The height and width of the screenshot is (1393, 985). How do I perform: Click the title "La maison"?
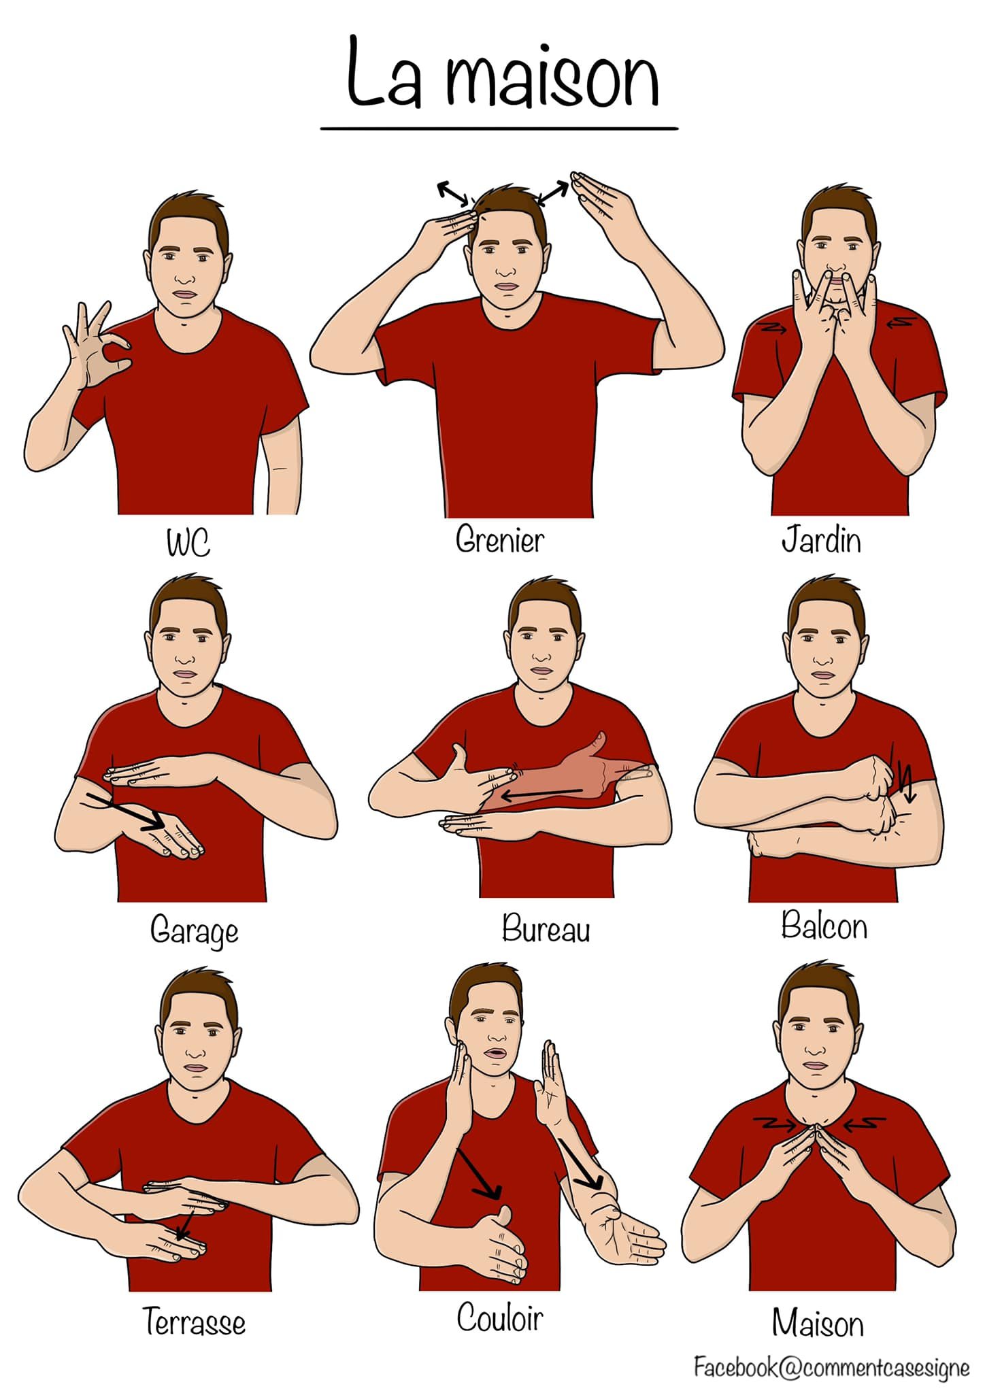tap(503, 73)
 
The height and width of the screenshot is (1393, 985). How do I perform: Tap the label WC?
tap(188, 543)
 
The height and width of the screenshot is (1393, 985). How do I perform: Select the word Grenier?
tap(500, 539)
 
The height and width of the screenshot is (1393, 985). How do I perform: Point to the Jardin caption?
tap(821, 540)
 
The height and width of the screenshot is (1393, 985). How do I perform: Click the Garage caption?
tap(194, 930)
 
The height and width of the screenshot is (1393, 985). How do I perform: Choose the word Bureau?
tap(546, 928)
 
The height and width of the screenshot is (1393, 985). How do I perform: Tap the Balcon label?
tap(824, 925)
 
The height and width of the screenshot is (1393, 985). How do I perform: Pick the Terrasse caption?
tap(194, 1322)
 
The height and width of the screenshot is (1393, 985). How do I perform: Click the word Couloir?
tap(500, 1318)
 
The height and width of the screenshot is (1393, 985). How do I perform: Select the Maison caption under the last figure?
tap(818, 1323)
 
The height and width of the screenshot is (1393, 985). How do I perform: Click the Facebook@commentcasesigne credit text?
tap(831, 1367)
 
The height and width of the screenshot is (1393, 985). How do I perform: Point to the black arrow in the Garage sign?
tap(127, 811)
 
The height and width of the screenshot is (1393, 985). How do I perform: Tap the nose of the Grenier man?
tap(505, 268)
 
